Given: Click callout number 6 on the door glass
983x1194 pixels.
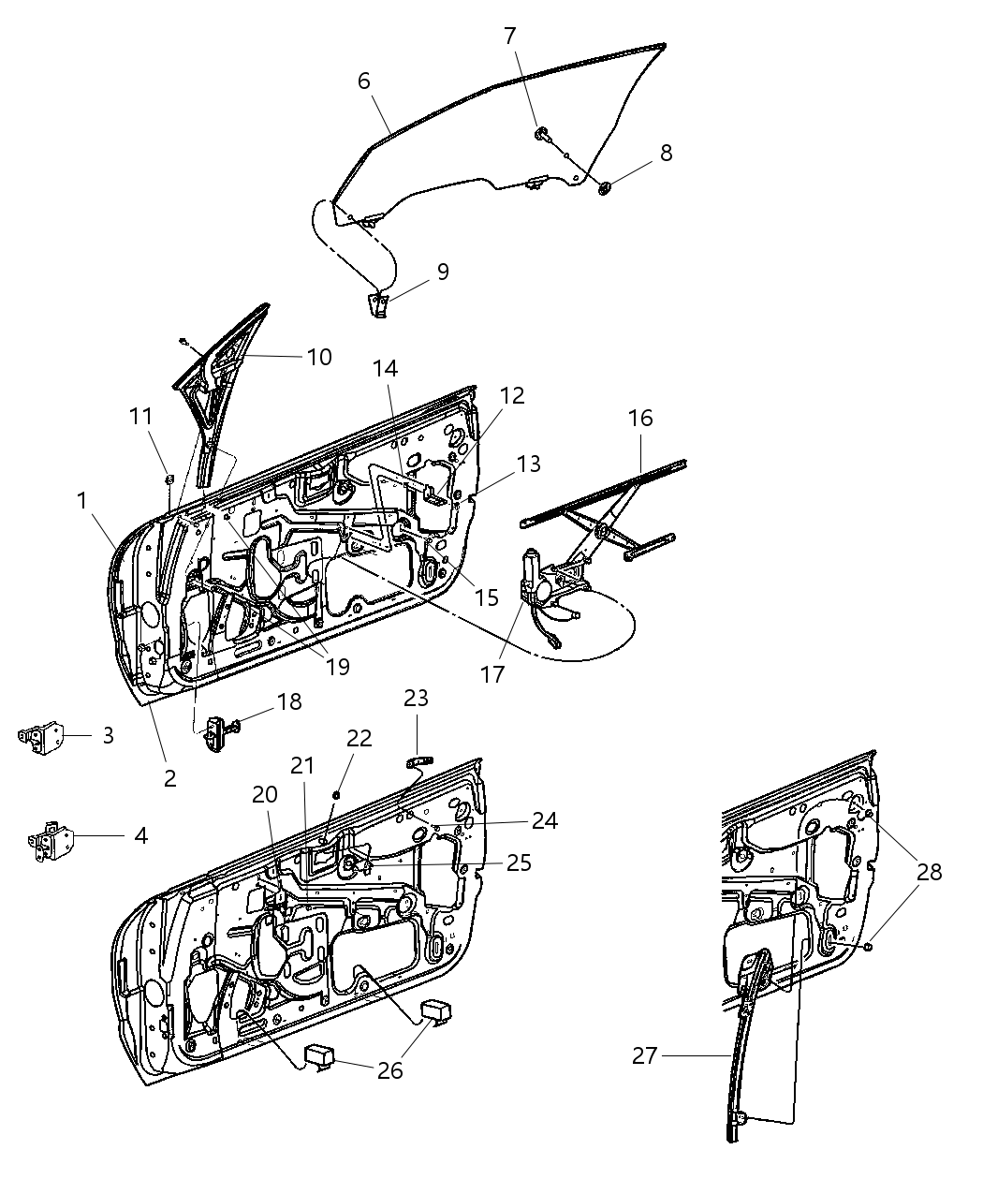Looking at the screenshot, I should point(364,81).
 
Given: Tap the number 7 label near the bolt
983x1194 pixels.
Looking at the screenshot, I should point(509,37).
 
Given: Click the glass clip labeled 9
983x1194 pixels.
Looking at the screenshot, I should point(379,304).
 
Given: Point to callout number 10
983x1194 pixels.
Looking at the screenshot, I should point(319,357).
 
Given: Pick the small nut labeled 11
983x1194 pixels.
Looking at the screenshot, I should point(169,480).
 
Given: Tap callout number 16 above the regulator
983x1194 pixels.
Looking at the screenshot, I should point(640,418).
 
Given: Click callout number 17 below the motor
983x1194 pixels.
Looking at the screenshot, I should point(493,673).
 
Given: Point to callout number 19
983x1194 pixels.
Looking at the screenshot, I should point(337,666).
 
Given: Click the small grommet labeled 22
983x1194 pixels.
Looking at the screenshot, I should point(335,794).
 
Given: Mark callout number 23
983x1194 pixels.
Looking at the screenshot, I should point(416,698).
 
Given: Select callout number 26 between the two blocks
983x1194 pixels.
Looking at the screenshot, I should point(389,1069).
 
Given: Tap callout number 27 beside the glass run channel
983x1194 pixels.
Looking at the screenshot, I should point(644,1055).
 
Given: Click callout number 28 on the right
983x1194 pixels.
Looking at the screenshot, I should point(929,872).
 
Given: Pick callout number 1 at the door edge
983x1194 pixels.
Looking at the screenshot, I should point(82,501).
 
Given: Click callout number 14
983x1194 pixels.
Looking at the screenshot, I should point(386,369).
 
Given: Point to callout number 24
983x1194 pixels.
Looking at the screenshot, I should point(544,821).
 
